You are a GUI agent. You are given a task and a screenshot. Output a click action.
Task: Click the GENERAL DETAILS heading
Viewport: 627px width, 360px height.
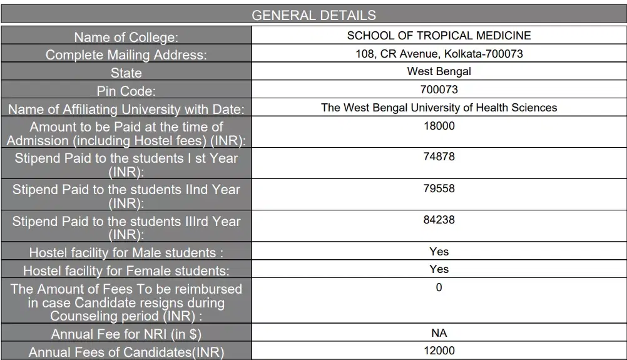(x=313, y=16)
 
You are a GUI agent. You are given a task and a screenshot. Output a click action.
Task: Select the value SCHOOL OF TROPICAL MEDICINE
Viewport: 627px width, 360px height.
(x=439, y=36)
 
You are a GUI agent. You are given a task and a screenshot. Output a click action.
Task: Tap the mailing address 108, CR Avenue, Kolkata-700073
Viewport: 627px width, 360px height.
(x=439, y=54)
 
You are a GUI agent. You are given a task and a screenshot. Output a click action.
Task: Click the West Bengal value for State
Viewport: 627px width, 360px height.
(x=439, y=71)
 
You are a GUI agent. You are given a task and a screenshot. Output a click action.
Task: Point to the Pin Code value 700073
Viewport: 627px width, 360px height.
(x=439, y=90)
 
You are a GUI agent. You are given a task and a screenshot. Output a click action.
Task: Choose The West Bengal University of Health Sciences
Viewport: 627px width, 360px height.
(x=439, y=108)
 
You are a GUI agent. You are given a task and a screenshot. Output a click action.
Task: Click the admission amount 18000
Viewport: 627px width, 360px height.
(x=439, y=125)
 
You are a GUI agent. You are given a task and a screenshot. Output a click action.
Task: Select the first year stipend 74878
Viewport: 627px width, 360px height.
(x=439, y=157)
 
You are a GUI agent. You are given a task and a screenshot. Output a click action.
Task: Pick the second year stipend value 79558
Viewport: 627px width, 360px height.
(x=439, y=188)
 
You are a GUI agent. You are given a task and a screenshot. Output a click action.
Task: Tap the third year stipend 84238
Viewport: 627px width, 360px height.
(x=439, y=220)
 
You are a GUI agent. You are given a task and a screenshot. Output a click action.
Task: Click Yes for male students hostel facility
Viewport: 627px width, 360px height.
(x=439, y=252)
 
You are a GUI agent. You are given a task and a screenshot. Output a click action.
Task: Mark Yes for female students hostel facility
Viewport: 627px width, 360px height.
(x=439, y=269)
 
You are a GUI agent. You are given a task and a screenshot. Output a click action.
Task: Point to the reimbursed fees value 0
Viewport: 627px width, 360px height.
(x=439, y=287)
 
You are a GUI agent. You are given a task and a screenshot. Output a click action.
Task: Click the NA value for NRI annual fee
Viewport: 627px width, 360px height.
(x=439, y=333)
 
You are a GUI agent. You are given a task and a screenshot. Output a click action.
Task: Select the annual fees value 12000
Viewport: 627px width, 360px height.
(x=439, y=351)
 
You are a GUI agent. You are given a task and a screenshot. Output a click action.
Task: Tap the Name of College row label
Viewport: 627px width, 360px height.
(x=126, y=38)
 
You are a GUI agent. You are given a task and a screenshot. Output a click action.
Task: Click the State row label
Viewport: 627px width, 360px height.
(x=126, y=73)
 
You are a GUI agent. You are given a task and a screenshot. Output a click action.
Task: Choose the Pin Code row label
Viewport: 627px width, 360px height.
(x=126, y=91)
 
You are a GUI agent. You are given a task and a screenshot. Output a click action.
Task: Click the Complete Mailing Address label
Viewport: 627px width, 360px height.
(x=126, y=55)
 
